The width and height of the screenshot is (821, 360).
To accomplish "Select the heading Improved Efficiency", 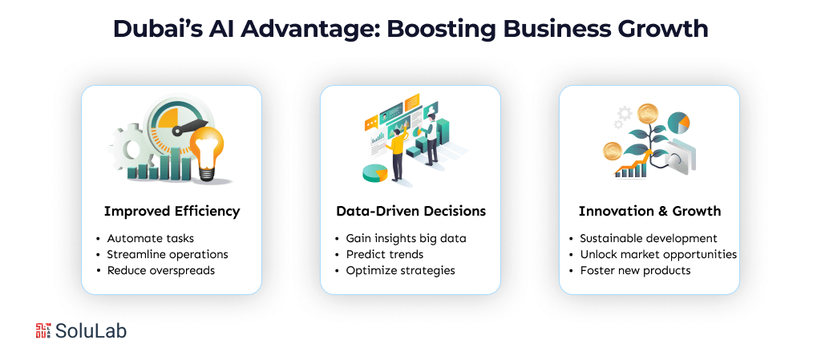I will (172, 212).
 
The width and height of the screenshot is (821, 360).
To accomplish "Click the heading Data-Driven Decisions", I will (410, 212).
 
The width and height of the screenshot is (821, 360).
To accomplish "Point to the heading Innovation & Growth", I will (649, 212).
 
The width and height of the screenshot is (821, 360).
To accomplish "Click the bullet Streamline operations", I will (168, 254).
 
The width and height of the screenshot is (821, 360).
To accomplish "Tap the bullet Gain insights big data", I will (406, 238).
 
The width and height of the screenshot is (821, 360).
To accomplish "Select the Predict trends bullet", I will (385, 254).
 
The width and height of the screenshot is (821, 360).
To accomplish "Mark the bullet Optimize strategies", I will (400, 270).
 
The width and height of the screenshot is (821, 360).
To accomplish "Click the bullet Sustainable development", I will (649, 238).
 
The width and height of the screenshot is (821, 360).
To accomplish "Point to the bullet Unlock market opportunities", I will (658, 254).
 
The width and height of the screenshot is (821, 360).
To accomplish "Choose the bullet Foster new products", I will (636, 270).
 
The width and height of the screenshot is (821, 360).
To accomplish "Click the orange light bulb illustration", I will (207, 148).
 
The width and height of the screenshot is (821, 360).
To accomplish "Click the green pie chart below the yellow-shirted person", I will (374, 172).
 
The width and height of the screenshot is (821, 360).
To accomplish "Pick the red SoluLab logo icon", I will (43, 330).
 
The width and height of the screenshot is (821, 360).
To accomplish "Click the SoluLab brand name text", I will (91, 330).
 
